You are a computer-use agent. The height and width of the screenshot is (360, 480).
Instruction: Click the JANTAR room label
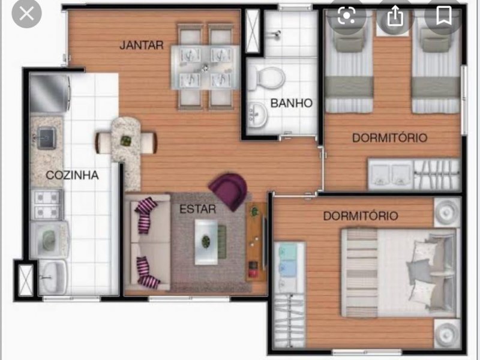point(142,44)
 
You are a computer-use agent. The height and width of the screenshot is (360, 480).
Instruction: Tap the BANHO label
point(292,103)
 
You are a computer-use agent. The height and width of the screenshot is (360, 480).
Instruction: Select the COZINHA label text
point(73,175)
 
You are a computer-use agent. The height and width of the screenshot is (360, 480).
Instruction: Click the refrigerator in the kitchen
point(50,93)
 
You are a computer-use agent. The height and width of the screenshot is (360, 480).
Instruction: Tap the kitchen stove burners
point(47,204)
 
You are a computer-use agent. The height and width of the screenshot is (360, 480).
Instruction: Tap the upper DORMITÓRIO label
point(389,137)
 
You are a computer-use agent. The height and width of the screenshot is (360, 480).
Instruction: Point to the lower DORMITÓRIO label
point(360,215)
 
